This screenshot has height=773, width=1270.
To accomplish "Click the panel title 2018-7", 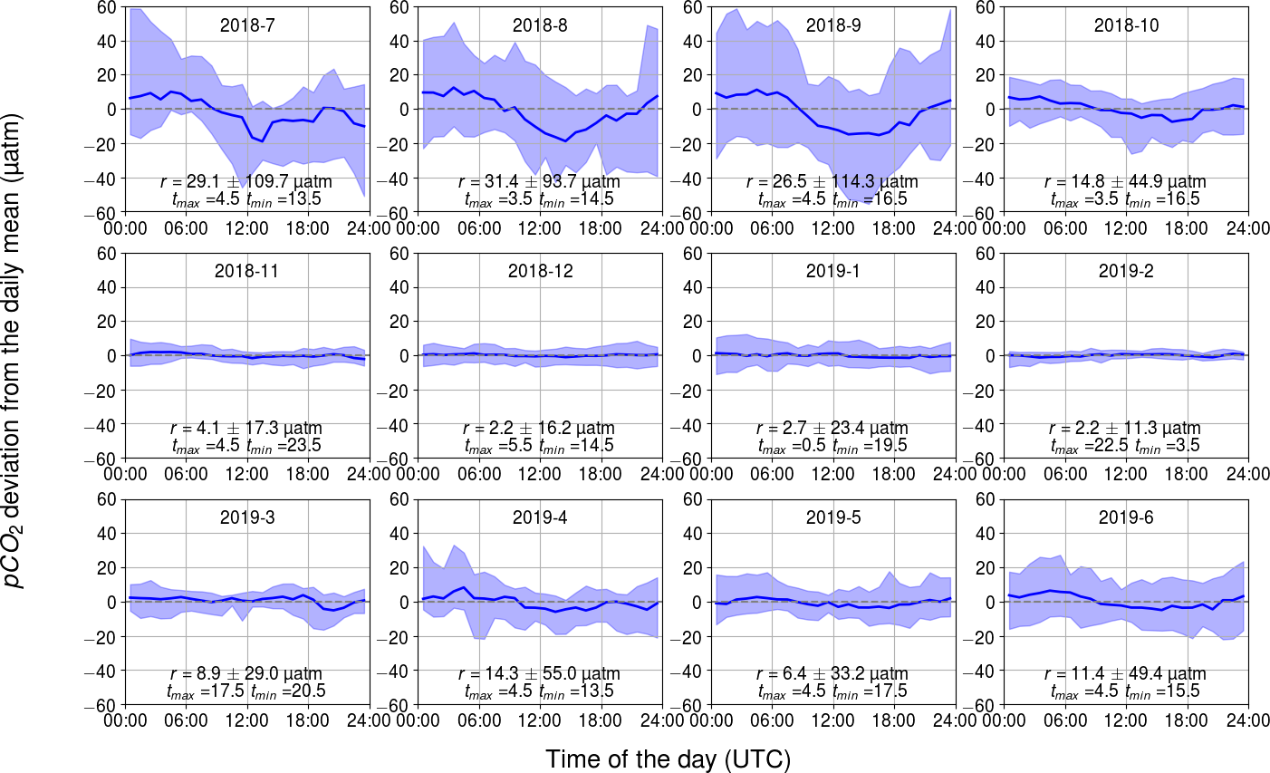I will tap(246, 25).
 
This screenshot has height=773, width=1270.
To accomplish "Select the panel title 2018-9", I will tap(832, 25).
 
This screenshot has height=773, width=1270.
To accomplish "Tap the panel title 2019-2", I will tap(1126, 271).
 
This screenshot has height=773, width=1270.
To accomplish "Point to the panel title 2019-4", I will tap(540, 517).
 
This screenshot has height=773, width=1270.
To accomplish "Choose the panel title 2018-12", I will tap(540, 271).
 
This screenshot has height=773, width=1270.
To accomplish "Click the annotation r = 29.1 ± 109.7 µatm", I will tap(246, 182).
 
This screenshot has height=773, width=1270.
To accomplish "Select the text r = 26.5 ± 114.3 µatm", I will tap(832, 182).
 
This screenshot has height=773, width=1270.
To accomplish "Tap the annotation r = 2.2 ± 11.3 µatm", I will tap(1126, 429).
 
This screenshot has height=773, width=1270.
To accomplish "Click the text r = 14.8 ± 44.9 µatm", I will tap(1126, 182).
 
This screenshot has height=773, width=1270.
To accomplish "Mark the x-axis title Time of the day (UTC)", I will tap(668, 759).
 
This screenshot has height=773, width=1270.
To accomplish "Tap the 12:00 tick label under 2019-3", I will tap(246, 721).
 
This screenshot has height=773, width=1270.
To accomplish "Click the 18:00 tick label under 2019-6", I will tap(1187, 721).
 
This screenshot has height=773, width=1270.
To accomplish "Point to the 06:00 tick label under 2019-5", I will tap(772, 721).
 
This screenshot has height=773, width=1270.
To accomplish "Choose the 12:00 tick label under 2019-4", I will tap(540, 721).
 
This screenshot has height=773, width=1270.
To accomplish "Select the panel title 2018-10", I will tap(1126, 25).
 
